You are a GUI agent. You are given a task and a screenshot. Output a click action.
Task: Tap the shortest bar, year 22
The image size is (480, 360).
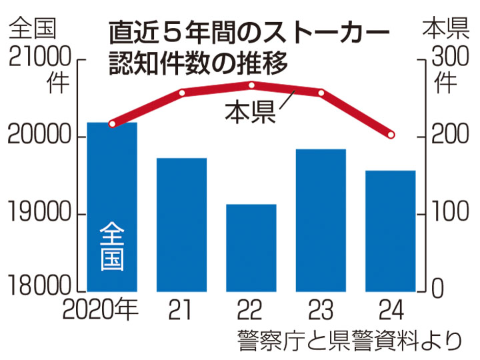[251, 247]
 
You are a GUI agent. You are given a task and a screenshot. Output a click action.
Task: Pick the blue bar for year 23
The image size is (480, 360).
[321, 220]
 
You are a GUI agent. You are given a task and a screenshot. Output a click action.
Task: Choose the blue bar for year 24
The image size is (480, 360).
[391, 231]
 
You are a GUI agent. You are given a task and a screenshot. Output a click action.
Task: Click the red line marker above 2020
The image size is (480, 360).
[112, 124]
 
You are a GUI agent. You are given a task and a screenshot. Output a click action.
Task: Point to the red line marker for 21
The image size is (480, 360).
[181, 92]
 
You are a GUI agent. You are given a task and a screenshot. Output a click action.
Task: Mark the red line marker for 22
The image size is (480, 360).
[251, 85]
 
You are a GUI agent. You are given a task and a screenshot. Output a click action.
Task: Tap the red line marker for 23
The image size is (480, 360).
[321, 93]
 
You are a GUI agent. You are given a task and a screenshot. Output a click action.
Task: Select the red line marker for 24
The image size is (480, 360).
[391, 136]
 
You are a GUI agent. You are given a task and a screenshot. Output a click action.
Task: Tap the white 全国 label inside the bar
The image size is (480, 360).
[112, 246]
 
